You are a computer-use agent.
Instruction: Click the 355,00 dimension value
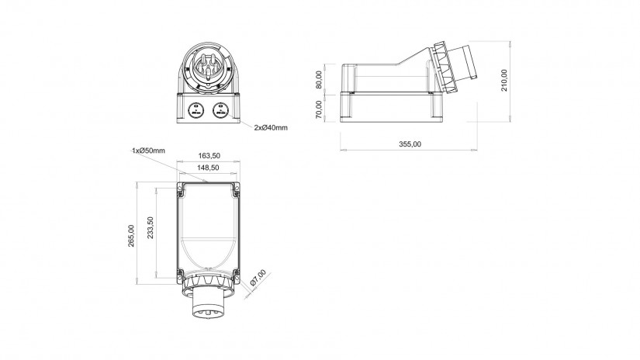[410, 144]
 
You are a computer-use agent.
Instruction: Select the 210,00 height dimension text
[504, 80]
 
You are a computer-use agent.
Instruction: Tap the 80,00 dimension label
[319, 80]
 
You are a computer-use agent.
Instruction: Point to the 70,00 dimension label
[319, 109]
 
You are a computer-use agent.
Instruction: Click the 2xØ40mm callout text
[271, 128]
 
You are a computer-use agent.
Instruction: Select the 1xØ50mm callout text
[149, 151]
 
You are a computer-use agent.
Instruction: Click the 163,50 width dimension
[209, 155]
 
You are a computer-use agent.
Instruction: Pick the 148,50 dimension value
[209, 168]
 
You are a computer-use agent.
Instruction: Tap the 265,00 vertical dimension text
[131, 236]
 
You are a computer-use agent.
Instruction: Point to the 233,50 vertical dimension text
[150, 227]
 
